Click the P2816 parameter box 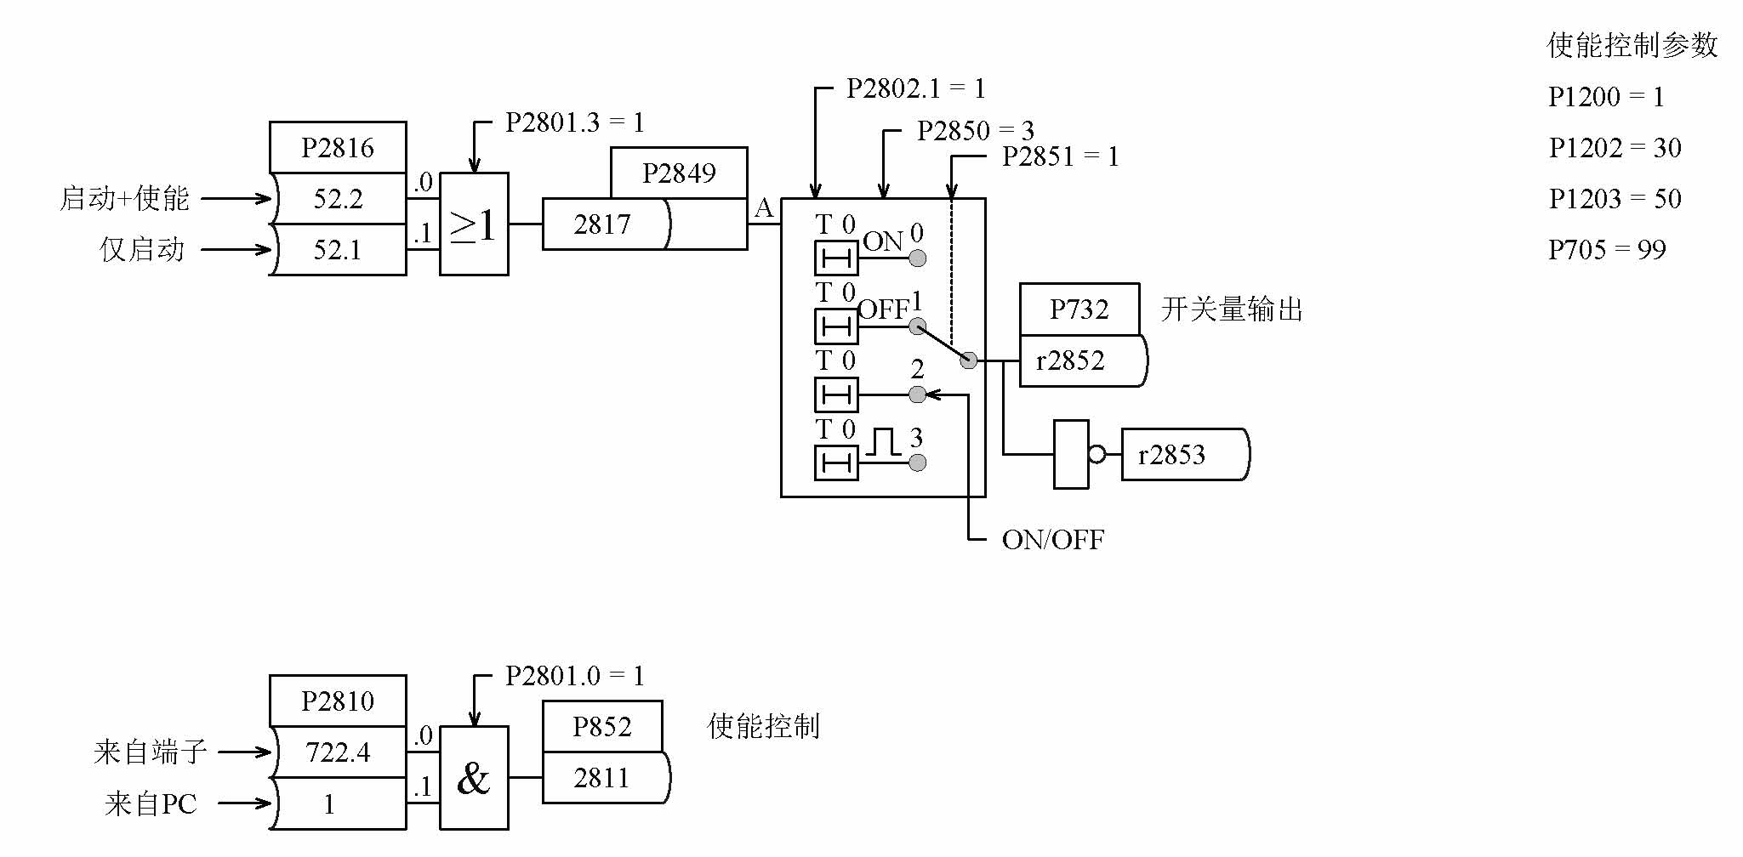[x=338, y=148]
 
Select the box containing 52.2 [x=338, y=199]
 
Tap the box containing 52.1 [x=338, y=250]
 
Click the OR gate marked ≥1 [x=474, y=224]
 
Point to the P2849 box [x=679, y=173]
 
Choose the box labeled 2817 [x=604, y=224]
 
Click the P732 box [x=1079, y=309]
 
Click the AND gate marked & [x=474, y=778]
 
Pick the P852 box [x=602, y=727]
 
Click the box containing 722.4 [x=338, y=752]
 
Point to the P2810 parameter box [x=338, y=701]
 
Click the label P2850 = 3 [x=975, y=131]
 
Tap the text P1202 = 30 [x=1615, y=148]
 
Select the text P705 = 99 [x=1606, y=250]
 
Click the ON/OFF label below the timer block [x=1052, y=540]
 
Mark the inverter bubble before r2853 [x=1096, y=455]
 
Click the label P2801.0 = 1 [x=574, y=676]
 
